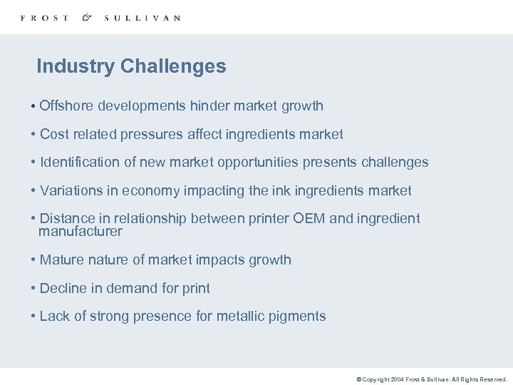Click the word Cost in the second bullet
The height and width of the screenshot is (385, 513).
pos(53,134)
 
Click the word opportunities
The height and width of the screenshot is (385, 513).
pos(258,162)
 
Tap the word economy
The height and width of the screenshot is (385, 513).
pos(147,190)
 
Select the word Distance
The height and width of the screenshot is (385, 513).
pos(66,218)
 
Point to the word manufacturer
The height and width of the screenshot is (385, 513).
pos(81,232)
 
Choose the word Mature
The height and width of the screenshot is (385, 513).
pos(62,260)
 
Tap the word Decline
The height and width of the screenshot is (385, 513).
pos(63,288)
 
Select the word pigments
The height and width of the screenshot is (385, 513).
pos(296,316)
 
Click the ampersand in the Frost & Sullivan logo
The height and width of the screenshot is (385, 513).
pos(86,17)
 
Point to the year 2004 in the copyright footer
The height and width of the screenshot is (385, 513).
pos(396,380)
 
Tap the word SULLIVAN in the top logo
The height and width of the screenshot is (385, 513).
pos(142,18)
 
